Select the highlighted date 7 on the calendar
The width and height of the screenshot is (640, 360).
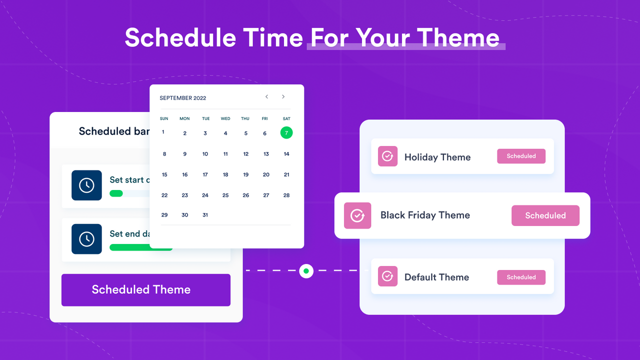[x=286, y=133]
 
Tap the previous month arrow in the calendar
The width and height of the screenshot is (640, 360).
[x=267, y=97]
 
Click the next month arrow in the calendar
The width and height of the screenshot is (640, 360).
[x=283, y=97]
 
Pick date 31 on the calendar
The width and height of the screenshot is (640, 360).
[x=205, y=215]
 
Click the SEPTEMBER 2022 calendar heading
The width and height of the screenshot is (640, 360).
[x=182, y=98]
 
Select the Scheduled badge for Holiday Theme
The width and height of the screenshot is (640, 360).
[x=521, y=156]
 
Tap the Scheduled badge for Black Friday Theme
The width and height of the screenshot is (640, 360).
[x=545, y=215]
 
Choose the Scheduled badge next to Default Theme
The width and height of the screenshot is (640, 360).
[x=521, y=277]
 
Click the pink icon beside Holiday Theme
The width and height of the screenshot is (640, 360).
[x=387, y=156]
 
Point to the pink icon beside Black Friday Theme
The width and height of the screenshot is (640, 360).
[x=357, y=215]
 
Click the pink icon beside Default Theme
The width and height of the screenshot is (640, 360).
[x=387, y=276]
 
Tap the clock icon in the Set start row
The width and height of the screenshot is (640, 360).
[x=86, y=185]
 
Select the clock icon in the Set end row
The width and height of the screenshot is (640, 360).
[x=86, y=239]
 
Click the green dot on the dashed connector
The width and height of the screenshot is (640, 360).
[x=306, y=271]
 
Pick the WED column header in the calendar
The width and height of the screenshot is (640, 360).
[x=225, y=118]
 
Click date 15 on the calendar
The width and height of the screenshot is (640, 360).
[x=164, y=174]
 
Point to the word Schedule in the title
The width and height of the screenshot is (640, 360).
[x=180, y=37]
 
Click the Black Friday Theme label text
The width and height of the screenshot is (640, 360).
[x=425, y=215]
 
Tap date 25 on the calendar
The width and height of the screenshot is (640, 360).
[x=225, y=195]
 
